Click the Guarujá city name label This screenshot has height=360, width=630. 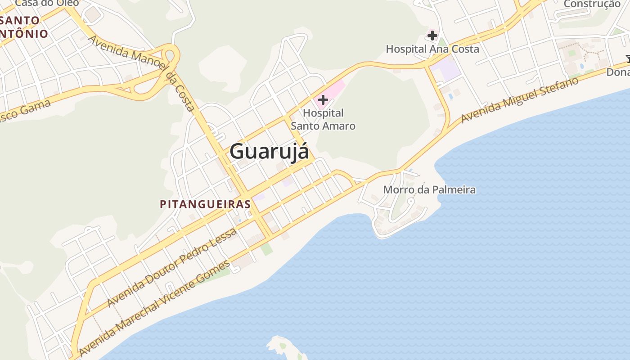click(269, 152)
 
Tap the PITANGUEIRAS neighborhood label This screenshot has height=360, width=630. click(205, 204)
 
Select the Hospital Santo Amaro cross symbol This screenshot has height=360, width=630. click(323, 100)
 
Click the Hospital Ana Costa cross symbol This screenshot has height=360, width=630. click(432, 35)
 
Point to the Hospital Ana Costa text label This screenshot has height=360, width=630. click(432, 49)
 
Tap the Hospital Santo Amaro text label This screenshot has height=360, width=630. click(323, 119)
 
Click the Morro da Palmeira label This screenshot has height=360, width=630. click(429, 189)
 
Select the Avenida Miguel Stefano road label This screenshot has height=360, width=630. click(520, 100)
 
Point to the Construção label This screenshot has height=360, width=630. click(592, 4)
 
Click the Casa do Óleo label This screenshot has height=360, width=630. click(47, 3)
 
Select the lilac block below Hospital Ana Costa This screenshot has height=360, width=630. click(445, 71)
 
